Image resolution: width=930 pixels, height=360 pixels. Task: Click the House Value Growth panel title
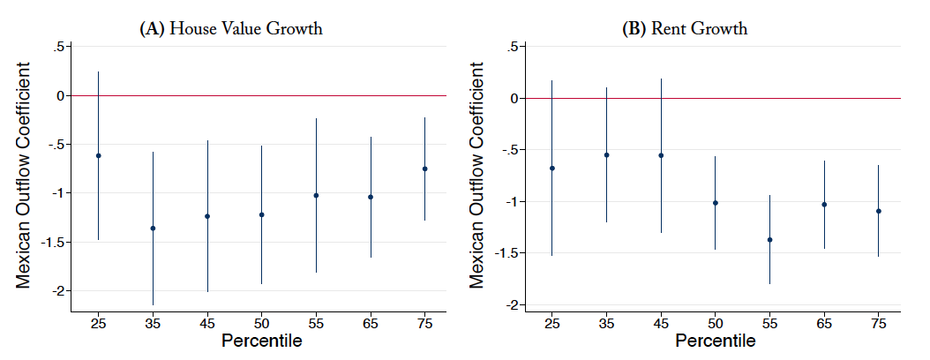pos(231,28)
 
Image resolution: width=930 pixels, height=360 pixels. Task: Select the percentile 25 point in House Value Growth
pos(98,155)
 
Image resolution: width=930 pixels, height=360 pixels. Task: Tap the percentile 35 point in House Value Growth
pos(153,229)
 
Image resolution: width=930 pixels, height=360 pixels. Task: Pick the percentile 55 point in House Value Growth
pos(316,195)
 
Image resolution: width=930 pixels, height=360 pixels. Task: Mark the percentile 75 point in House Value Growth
pos(425,169)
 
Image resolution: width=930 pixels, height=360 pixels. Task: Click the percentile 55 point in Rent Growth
pos(770,239)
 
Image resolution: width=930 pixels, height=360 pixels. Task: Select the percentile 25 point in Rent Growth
pos(551,168)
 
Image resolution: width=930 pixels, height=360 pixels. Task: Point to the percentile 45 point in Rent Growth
pos(661,155)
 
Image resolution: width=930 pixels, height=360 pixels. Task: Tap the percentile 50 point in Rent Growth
pos(716,203)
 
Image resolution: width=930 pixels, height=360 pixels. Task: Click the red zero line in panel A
pos(265,95)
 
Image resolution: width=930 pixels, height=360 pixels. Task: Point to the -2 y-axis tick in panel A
pos(59,291)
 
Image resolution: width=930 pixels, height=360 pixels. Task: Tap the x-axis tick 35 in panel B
pos(606,326)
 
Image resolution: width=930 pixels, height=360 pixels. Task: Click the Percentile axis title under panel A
pos(262,341)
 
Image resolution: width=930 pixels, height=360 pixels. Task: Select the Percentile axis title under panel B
pos(715,341)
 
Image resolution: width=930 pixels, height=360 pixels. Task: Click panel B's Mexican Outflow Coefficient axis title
pos(477,175)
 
